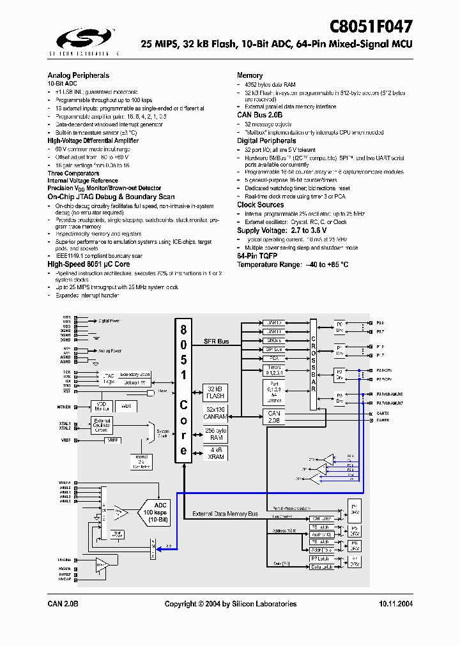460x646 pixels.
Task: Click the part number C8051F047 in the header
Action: click(371, 26)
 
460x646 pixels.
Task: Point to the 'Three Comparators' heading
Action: click(73, 173)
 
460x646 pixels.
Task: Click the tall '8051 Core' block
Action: click(183, 390)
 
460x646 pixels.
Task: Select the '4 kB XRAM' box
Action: click(216, 453)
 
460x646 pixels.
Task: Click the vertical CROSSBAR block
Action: click(313, 364)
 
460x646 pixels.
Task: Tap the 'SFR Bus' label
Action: click(216, 342)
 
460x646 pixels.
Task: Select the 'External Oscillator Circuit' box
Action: click(102, 426)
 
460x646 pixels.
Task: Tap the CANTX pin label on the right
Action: click(383, 414)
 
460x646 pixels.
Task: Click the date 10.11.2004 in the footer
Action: click(395, 604)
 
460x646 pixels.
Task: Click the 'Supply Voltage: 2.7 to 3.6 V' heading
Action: click(282, 230)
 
